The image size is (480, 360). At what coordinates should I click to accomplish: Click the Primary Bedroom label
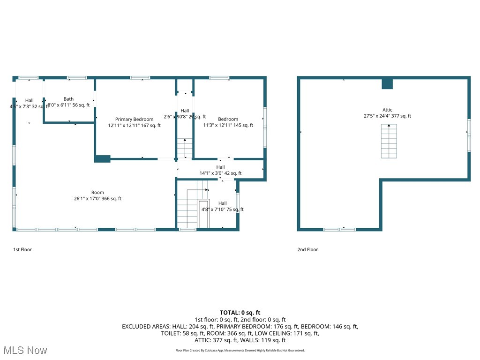point(134,120)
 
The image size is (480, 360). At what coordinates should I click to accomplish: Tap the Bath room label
point(68,99)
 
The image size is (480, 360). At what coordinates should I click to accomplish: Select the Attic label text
point(387,110)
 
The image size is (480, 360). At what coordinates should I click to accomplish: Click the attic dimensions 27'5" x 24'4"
point(387,116)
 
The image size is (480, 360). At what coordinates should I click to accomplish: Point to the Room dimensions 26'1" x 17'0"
point(97,199)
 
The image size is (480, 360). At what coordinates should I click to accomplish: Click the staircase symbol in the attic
point(389,141)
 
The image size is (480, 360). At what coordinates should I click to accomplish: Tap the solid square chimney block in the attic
point(387,84)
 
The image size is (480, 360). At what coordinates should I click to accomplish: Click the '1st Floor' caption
point(22,249)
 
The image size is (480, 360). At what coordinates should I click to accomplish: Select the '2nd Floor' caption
point(307,249)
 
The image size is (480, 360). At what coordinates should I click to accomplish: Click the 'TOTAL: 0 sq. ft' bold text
point(240,313)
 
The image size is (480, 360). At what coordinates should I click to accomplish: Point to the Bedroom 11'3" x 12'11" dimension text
point(228,125)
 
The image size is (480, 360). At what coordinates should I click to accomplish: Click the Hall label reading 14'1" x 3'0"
point(220,173)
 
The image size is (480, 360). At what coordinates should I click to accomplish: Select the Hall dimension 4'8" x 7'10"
point(222,210)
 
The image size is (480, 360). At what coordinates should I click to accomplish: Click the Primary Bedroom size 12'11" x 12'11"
point(134,125)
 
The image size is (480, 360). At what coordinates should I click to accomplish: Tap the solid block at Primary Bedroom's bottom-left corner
point(102,159)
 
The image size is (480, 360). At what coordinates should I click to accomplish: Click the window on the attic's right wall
point(468,135)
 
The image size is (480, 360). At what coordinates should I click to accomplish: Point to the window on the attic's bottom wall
point(340,229)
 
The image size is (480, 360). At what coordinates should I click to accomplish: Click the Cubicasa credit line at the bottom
point(240,350)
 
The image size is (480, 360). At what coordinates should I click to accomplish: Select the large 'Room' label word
point(97,193)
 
